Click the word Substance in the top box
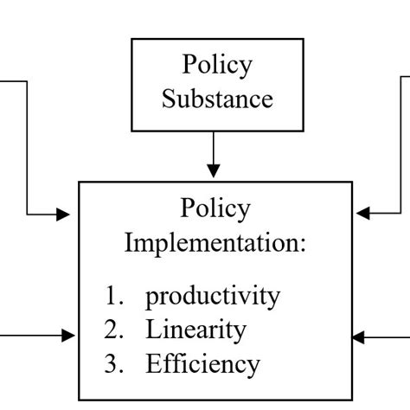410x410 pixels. [217, 98]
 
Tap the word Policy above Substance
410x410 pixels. [216, 65]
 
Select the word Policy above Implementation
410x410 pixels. [215, 208]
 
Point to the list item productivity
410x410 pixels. [213, 297]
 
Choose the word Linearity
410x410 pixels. [195, 330]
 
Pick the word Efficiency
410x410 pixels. [202, 362]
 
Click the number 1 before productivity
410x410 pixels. [112, 297]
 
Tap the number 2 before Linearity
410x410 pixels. [112, 330]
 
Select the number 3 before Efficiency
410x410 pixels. [112, 362]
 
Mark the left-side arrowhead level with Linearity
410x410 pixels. [70, 335]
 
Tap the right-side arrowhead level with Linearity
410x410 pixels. [361, 335]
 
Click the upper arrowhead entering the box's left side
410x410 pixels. [70, 213]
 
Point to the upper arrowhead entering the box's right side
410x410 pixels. [361, 211]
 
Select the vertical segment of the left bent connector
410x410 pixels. [28, 147]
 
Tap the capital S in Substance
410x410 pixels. [168, 98]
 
